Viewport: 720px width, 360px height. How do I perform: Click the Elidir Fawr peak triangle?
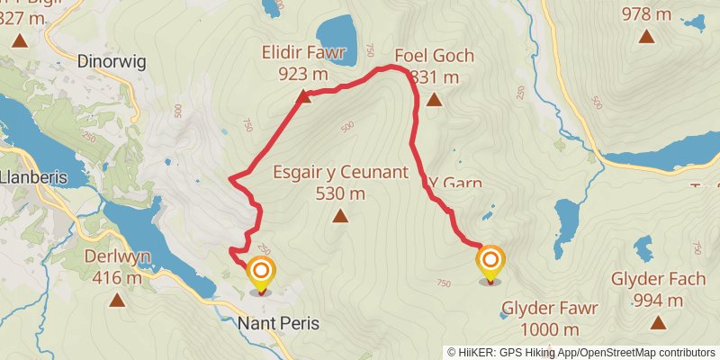point(304,96)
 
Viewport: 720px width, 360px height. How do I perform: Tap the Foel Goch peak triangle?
point(434,100)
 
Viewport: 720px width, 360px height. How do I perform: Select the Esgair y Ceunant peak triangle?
point(340,215)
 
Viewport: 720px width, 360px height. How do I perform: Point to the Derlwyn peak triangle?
point(116,299)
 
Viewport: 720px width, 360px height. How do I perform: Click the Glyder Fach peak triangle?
point(657,322)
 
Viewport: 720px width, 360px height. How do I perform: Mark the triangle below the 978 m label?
point(646,36)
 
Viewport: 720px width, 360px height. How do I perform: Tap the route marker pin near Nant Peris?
point(261,273)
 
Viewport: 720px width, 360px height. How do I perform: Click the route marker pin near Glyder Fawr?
point(490,264)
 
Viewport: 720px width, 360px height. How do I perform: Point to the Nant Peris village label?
point(279,322)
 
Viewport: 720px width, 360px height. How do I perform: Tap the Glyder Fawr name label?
point(550,309)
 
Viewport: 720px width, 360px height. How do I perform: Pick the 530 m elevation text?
point(340,193)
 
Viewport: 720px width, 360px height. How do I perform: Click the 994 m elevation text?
point(657,300)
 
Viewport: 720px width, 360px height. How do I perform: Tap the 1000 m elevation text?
point(550,329)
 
